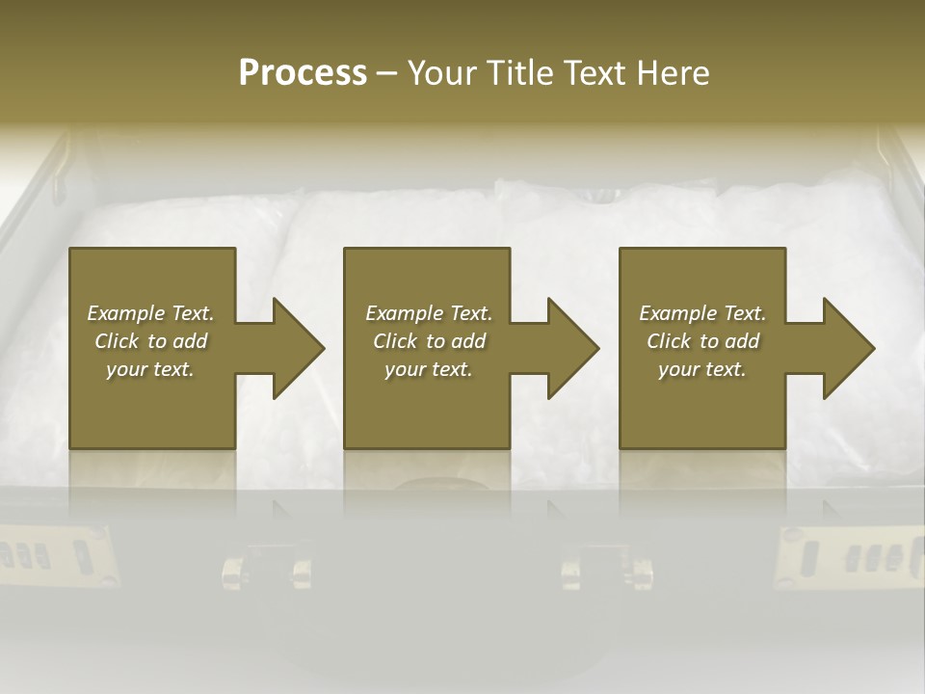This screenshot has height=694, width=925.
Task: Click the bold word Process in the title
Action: pyautogui.click(x=303, y=73)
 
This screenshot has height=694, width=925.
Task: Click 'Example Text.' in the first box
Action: pyautogui.click(x=150, y=313)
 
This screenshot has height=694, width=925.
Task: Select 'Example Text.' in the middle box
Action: pyautogui.click(x=429, y=313)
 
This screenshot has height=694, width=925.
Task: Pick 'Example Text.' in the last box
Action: pyautogui.click(x=702, y=313)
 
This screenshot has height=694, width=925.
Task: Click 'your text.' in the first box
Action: pyautogui.click(x=150, y=369)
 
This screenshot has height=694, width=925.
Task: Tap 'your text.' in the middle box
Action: pyautogui.click(x=429, y=369)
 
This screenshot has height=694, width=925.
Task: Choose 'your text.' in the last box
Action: pyautogui.click(x=702, y=369)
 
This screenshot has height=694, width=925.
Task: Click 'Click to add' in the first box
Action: pyautogui.click(x=150, y=341)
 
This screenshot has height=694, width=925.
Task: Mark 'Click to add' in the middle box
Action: pyautogui.click(x=429, y=341)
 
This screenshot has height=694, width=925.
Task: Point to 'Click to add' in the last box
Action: pyautogui.click(x=702, y=341)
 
